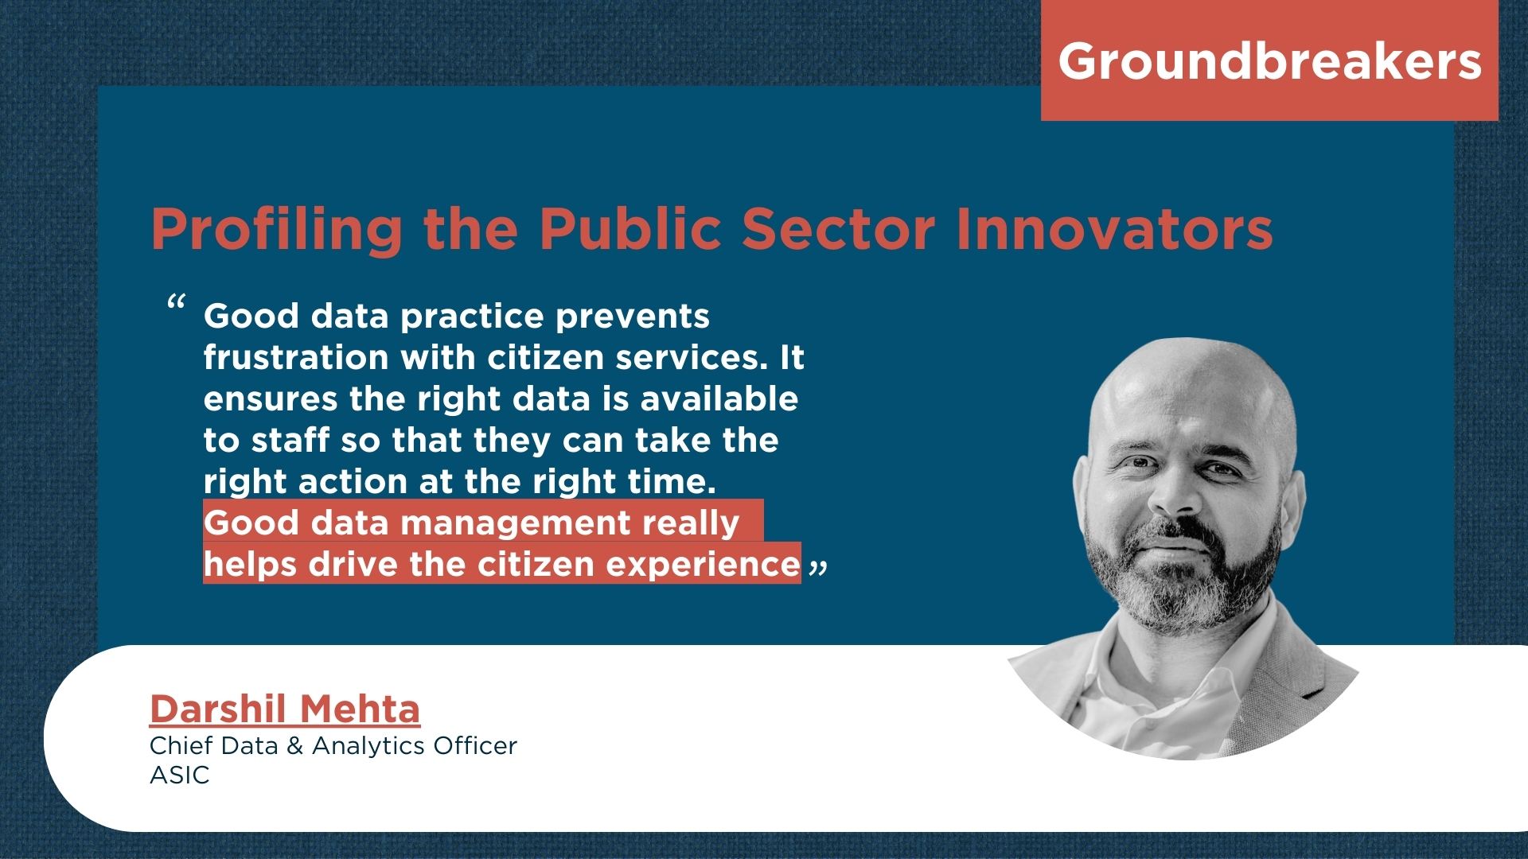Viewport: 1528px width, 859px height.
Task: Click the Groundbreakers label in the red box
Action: pos(1269,61)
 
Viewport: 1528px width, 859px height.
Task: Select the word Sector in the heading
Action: pos(838,229)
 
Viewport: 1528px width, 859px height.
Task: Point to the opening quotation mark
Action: pos(177,303)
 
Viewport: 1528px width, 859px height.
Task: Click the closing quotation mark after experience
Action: pos(818,567)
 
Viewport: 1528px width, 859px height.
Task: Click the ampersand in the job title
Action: pos(294,746)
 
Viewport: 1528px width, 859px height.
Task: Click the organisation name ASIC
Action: pos(180,775)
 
